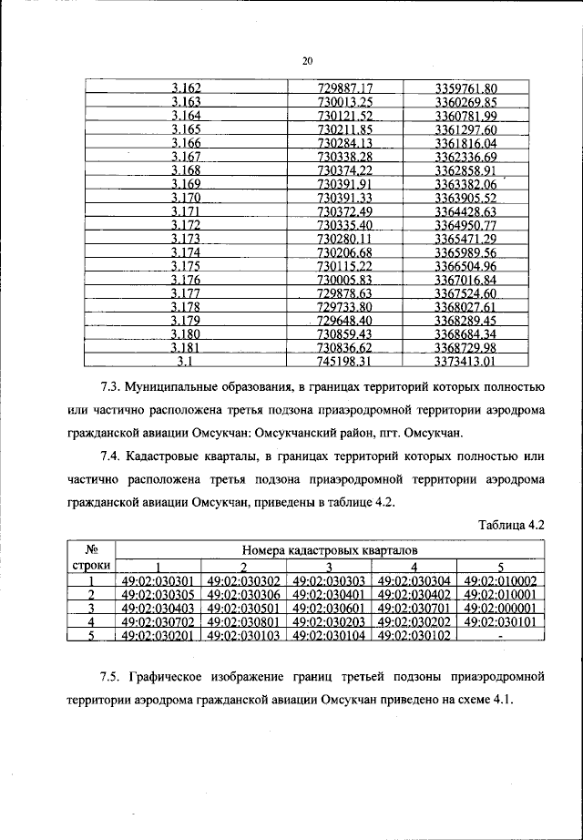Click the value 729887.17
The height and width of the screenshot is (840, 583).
point(345,88)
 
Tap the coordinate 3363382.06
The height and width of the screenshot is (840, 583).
point(465,185)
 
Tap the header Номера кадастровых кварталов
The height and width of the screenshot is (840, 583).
point(331,550)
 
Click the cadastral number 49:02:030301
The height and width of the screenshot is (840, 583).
point(159,579)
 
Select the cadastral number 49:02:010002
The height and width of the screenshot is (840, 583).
point(501,579)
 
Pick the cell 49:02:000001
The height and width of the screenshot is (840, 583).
point(501,608)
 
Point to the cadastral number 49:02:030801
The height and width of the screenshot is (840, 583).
point(244,621)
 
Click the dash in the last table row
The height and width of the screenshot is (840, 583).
point(501,636)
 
